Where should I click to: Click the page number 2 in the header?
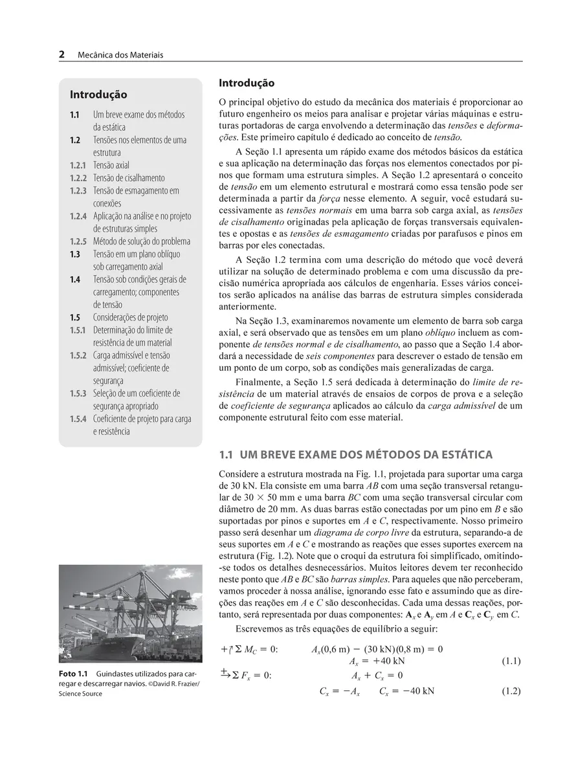pos(62,55)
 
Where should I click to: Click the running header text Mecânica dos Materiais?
pos(120,56)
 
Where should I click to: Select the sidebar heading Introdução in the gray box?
pos(98,95)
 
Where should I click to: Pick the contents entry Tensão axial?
pos(111,165)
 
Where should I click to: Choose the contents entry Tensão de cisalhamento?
pos(129,178)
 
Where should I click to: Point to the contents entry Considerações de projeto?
pos(131,317)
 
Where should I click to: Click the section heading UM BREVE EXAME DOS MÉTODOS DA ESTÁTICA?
pos(366,454)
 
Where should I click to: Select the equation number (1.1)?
pos(511,661)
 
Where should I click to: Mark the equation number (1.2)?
pos(511,691)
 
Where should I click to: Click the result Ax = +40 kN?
pos(377,661)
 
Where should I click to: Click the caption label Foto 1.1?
pos(72,674)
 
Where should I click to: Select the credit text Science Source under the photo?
pos(80,694)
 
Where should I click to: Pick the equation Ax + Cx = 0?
pos(377,676)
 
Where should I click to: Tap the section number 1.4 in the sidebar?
pos(75,280)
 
